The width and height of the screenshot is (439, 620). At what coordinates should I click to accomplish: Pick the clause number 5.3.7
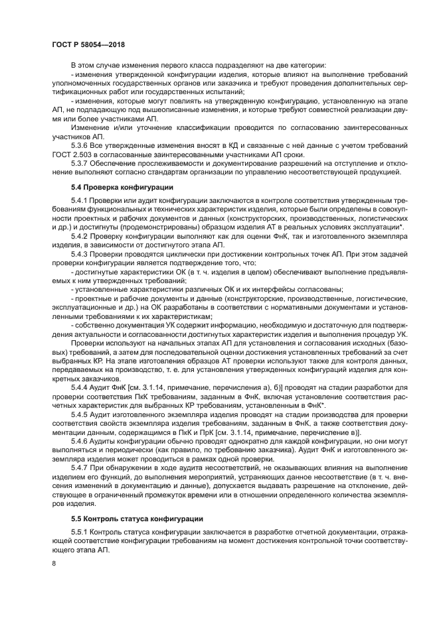80,162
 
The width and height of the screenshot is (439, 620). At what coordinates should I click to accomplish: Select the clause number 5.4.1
80,200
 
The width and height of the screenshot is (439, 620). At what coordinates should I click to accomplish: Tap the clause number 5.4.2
80,235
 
